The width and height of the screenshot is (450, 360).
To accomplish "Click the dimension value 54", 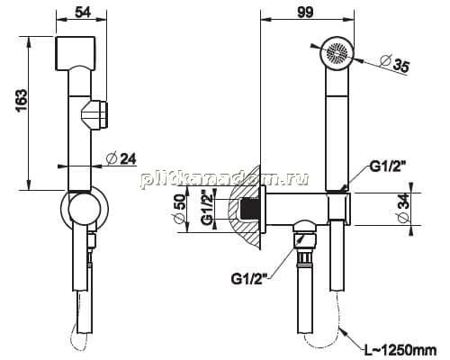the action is point(83,13).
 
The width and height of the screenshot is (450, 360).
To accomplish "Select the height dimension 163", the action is point(22,101).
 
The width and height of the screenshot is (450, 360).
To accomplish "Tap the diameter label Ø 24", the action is point(121,158).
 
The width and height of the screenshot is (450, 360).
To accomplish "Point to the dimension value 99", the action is point(305,12).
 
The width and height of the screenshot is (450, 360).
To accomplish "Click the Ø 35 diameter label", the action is point(395,64).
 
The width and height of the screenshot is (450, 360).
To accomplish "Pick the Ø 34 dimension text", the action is point(403,208).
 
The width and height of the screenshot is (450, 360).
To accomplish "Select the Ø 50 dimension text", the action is point(181,209).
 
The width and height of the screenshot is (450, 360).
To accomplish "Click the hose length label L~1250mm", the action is point(400,350).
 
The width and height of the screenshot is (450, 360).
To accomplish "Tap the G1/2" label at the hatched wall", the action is point(207,207).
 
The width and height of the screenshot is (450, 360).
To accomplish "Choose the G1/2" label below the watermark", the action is point(249,279).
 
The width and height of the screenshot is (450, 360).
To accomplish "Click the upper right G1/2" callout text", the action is point(388,166).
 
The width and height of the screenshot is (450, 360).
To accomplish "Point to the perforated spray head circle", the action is point(337,53).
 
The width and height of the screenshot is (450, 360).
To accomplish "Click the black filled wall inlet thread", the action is point(249,209).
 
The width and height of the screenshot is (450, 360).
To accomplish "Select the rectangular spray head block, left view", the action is point(76,53).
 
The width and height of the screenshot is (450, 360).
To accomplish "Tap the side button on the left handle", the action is point(95,115).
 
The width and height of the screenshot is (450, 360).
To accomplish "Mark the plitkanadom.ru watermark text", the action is point(224,180).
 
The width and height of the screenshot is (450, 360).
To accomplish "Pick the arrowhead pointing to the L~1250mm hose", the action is point(344,332).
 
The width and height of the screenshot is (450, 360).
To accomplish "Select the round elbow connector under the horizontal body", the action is point(305,228).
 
